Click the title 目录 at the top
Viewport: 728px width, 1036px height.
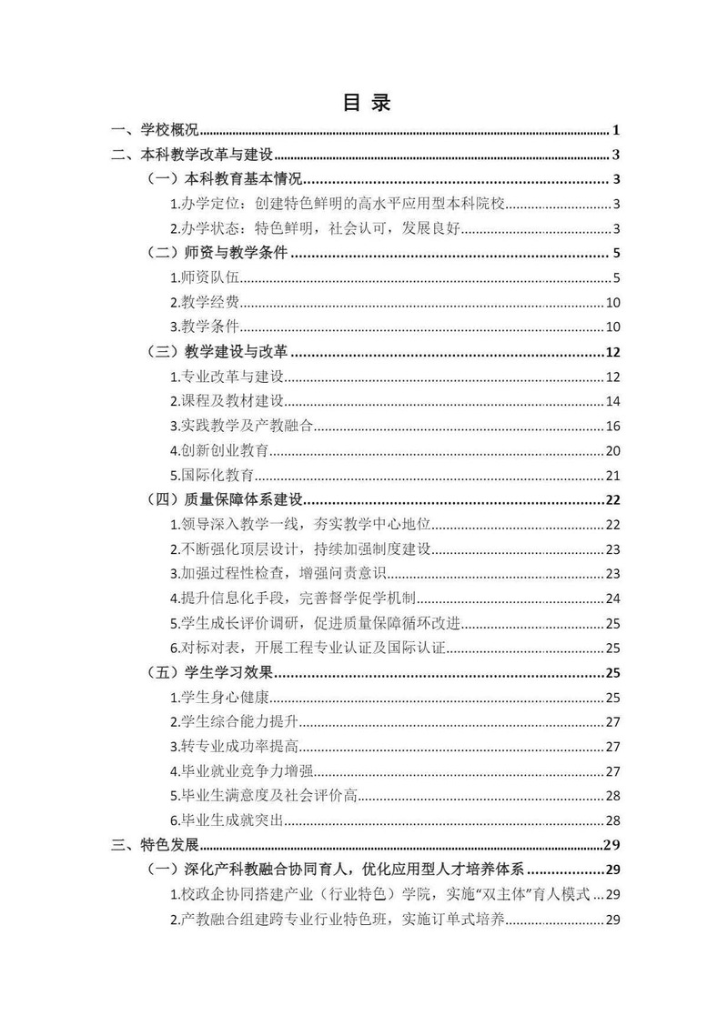[x=367, y=103]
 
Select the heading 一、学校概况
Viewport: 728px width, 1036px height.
[x=155, y=131]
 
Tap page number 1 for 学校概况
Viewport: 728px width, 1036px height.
[x=616, y=131]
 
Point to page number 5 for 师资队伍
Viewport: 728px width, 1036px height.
[x=616, y=278]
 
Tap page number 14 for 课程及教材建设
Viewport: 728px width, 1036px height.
[x=612, y=401]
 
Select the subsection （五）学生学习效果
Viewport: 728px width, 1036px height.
[x=211, y=673]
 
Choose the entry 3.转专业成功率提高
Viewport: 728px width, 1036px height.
[x=229, y=747]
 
